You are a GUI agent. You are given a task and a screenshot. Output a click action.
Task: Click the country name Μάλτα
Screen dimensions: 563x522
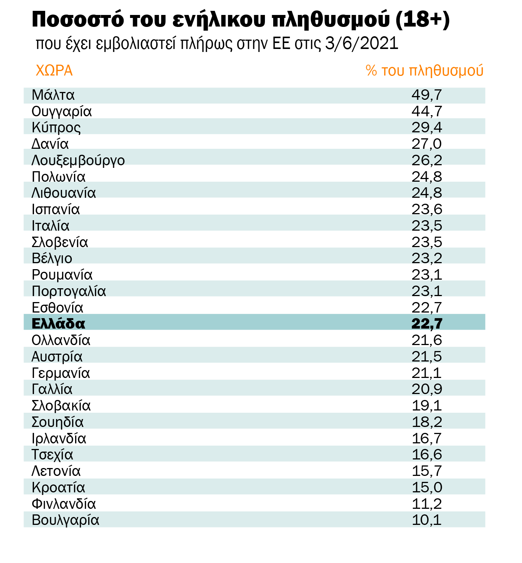53,95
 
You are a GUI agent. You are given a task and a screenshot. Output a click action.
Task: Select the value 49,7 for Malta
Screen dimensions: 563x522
427,95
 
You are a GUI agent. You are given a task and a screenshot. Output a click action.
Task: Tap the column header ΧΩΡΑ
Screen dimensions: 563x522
54,71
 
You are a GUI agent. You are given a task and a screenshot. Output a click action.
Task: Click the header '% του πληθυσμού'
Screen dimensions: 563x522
424,71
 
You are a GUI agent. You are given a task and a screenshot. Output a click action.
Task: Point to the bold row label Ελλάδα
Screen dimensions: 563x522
58,323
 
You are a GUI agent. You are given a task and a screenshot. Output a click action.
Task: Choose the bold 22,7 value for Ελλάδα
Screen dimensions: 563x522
427,323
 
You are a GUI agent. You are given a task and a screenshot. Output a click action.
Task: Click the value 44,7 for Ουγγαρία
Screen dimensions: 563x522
427,111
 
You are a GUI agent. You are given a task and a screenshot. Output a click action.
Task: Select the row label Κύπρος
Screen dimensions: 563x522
56,128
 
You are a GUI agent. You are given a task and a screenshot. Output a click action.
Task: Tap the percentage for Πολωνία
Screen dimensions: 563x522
427,177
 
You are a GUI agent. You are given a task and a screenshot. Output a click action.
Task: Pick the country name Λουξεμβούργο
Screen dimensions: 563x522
78,160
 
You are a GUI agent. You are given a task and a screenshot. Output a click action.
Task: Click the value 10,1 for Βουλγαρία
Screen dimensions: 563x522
427,520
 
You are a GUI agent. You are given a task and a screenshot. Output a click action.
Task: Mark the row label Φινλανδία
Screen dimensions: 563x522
64,504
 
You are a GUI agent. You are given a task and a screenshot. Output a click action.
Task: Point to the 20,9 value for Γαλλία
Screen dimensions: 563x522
427,389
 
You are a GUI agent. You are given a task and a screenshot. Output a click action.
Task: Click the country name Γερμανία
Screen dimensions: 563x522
61,373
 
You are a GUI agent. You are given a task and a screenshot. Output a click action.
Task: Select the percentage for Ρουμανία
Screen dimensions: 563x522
427,275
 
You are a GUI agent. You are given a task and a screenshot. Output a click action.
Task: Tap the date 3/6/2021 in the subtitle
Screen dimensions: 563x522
362,43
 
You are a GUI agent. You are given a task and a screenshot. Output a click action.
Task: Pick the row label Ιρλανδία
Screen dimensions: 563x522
59,439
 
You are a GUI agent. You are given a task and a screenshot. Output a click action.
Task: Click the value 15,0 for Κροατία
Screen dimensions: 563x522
427,487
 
